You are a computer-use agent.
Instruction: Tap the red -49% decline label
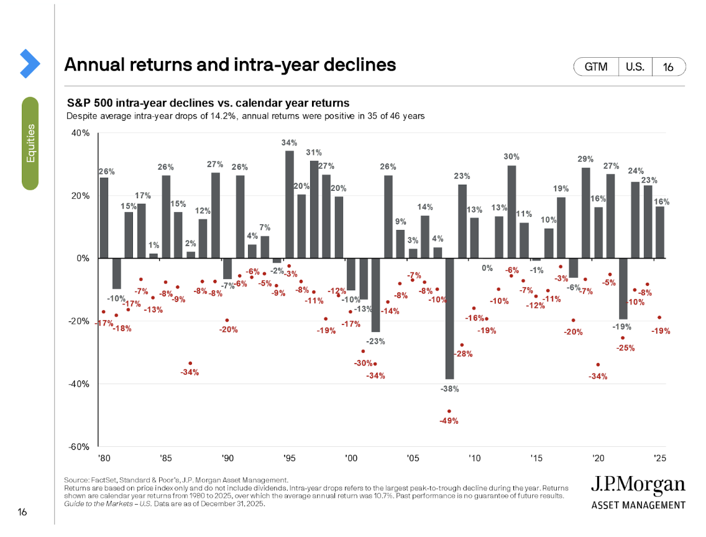click(449, 421)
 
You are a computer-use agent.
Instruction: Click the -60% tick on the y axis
click(80, 447)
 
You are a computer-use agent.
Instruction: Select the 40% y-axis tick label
click(81, 133)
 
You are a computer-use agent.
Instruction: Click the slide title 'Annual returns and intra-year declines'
click(230, 65)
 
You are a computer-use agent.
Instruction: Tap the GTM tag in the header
click(596, 67)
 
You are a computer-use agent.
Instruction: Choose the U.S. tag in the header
click(635, 67)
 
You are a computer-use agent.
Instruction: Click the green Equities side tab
click(30, 143)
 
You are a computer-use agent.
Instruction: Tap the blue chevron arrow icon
click(29, 63)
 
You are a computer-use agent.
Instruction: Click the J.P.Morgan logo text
click(638, 485)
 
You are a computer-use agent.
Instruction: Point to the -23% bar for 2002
click(375, 295)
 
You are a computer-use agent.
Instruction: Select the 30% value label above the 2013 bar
click(511, 157)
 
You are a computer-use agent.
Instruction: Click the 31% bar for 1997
click(314, 209)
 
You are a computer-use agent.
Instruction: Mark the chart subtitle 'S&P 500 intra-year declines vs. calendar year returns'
click(208, 103)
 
